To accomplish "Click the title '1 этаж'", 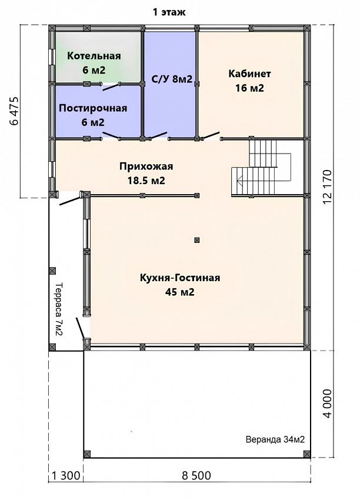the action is tap(169, 12).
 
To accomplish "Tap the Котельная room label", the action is tap(94, 63).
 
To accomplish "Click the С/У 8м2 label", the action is tap(172, 79).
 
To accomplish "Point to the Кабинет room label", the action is tap(249, 81).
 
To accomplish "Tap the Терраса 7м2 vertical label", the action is tap(59, 309).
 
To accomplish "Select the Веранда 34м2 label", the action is tap(275, 439).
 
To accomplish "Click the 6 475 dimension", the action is tap(15, 111).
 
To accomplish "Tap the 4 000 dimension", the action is tap(327, 404).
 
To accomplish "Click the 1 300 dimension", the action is tap(66, 476).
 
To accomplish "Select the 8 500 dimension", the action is tap(196, 476).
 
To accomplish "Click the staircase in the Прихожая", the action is tap(261, 168).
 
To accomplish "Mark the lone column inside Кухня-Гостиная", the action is tap(197, 240).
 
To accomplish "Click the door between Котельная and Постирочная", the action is tap(111, 86).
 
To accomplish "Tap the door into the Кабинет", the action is tap(212, 136).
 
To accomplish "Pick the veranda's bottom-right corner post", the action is tap(306, 454).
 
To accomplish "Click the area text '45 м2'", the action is tap(180, 292).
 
